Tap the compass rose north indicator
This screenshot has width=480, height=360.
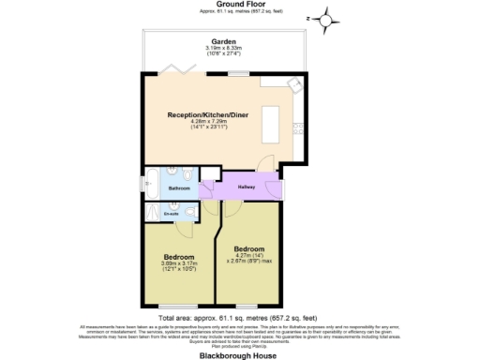(x=324, y=18)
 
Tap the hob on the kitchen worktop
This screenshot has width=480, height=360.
(x=298, y=123)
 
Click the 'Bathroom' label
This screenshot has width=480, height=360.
(x=179, y=188)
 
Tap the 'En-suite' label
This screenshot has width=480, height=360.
(x=172, y=213)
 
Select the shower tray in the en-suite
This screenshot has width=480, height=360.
(x=152, y=212)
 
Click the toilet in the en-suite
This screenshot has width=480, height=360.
(x=188, y=214)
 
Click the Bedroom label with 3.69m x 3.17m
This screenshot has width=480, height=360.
(x=178, y=257)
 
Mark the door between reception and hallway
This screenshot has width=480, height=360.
(x=268, y=165)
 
